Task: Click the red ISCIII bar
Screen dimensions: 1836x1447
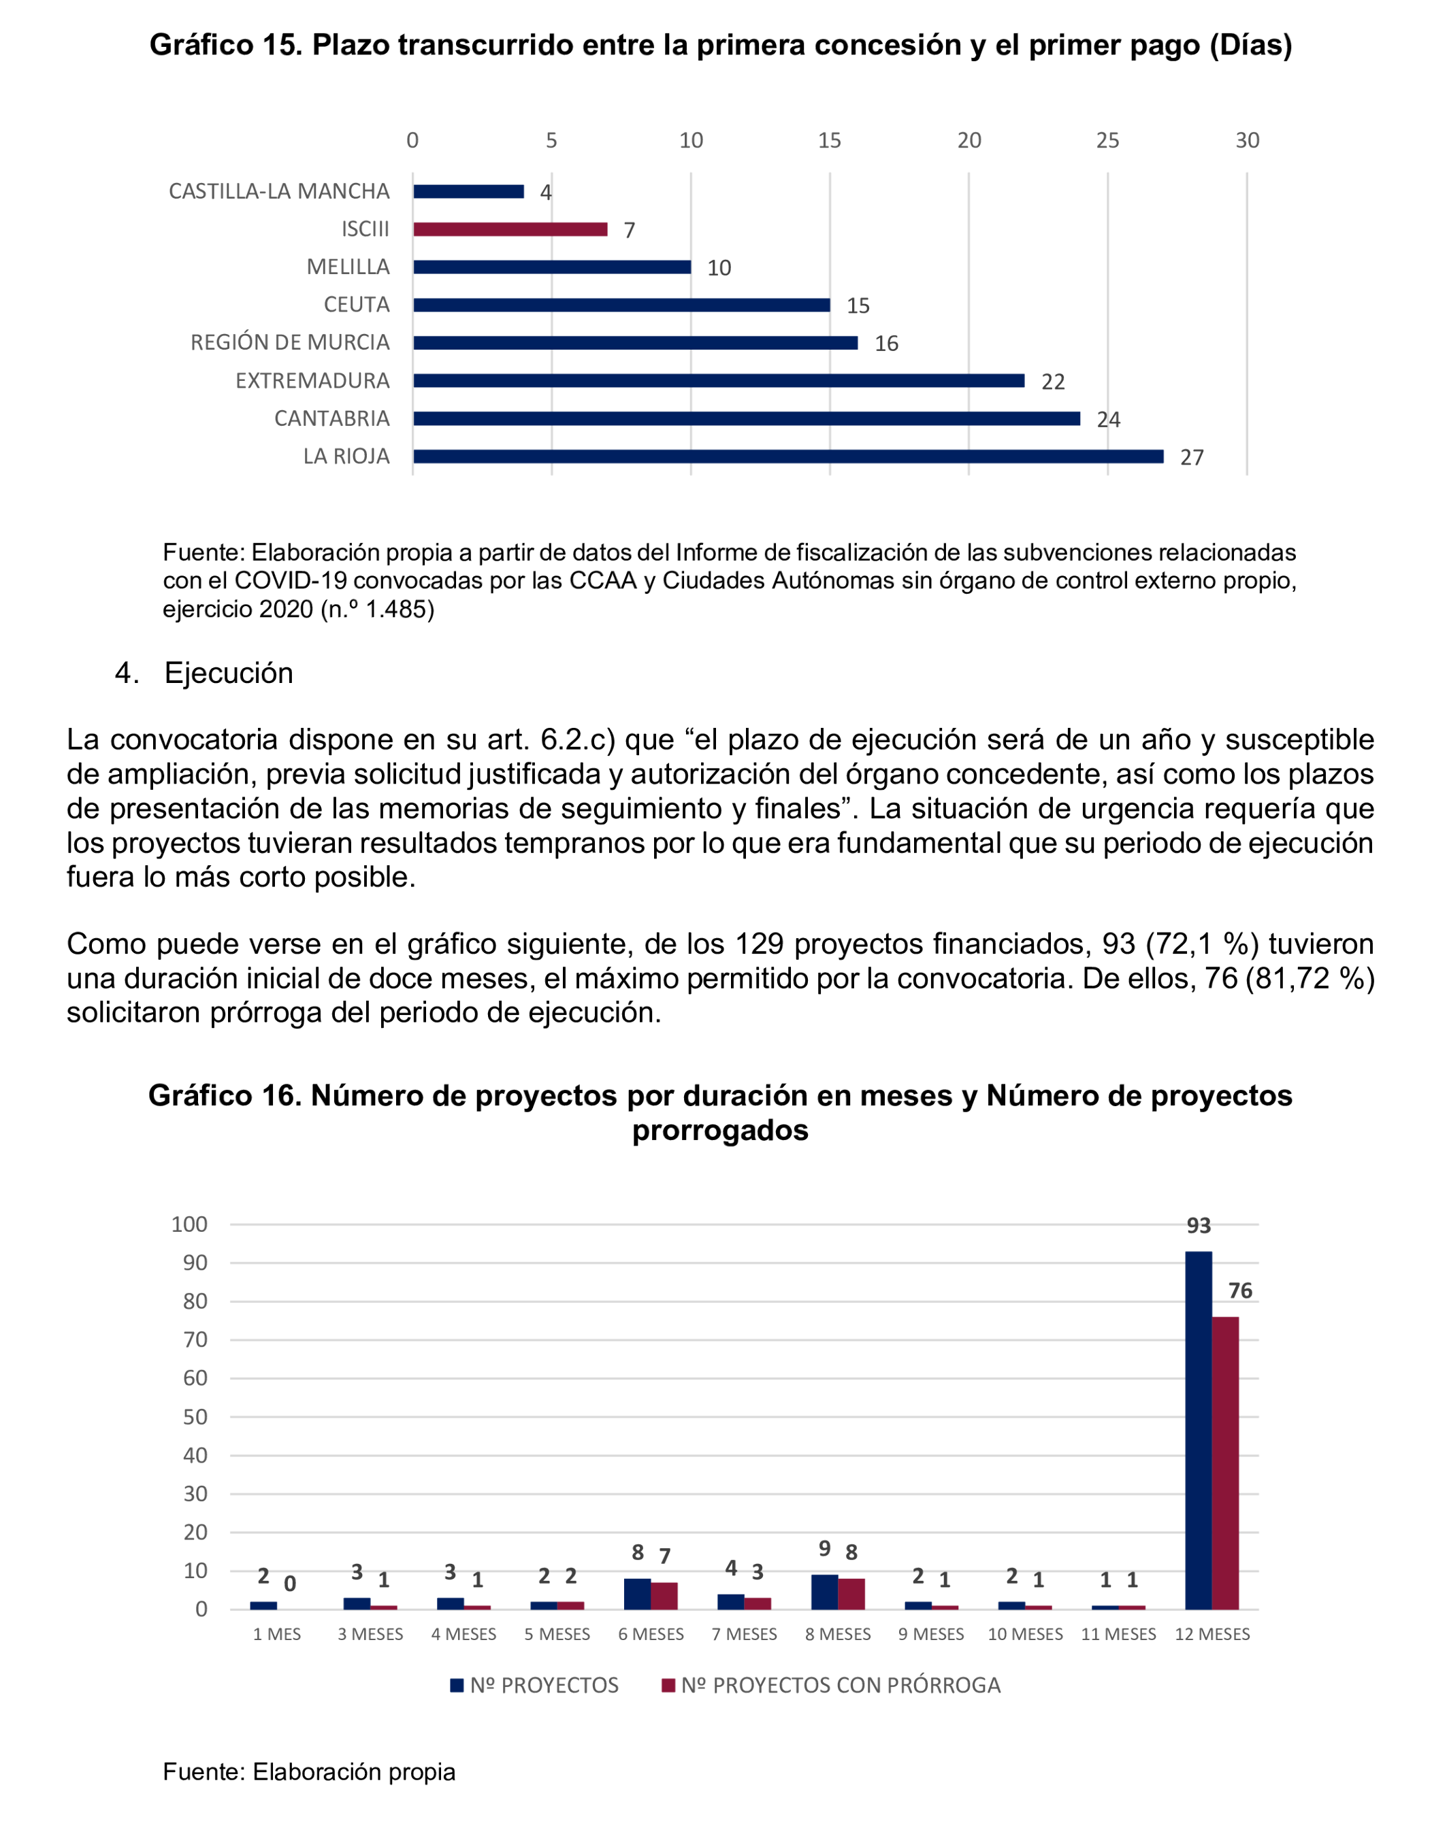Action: tap(510, 229)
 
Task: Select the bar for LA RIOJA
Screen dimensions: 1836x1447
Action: tap(788, 456)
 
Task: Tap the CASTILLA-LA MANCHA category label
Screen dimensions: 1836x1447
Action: tap(279, 191)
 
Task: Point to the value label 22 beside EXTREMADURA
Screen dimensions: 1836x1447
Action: tap(1052, 382)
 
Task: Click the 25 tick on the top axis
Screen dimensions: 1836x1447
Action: tap(1107, 141)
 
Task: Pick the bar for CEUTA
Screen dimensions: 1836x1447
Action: tap(621, 305)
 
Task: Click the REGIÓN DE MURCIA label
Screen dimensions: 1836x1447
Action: tap(290, 343)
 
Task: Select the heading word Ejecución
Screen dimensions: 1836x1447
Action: tap(228, 673)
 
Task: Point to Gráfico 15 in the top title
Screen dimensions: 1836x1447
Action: tap(225, 45)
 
